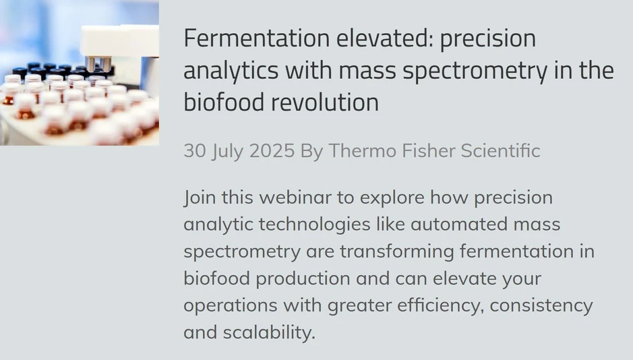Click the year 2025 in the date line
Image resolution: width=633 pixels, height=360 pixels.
(x=272, y=151)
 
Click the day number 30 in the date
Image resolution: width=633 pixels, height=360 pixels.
(x=194, y=151)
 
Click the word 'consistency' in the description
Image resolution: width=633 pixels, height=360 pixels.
(x=541, y=305)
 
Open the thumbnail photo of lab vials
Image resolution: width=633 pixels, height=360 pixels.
(x=80, y=73)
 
